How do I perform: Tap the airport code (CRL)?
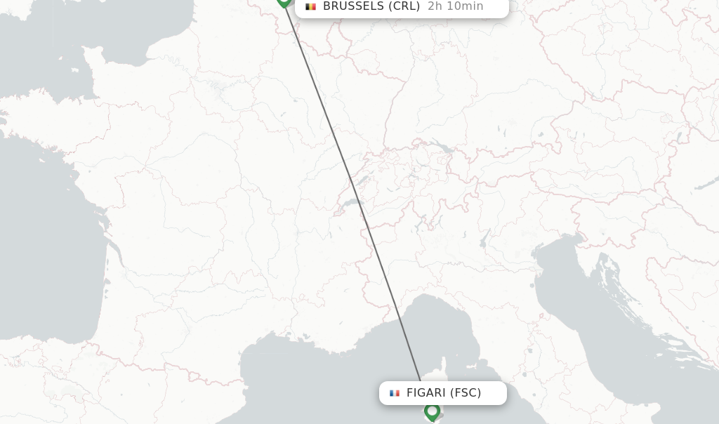click(404, 6)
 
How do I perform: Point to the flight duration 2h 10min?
click(455, 6)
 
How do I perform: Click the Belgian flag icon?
click(310, 6)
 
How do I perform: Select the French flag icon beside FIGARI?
click(395, 393)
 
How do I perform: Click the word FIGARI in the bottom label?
click(426, 393)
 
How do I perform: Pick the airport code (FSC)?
click(466, 393)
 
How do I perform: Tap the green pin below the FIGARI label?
click(432, 411)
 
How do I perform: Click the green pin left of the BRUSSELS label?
click(284, 2)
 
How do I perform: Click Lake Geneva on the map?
click(351, 204)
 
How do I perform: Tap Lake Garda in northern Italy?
click(484, 239)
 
